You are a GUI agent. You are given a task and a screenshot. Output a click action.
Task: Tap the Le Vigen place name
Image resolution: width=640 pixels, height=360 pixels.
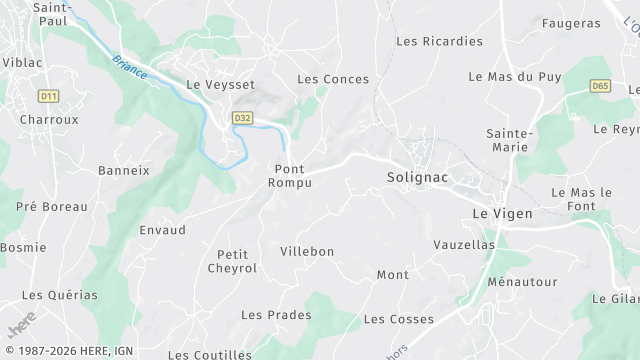point(501,213)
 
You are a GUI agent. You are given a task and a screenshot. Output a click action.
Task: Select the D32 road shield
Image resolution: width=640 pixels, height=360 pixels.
point(241,118)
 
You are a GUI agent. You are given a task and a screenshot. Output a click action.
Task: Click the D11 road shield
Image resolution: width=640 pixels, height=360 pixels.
point(47,96)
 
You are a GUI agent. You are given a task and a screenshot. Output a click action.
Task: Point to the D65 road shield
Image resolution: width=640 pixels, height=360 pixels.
point(600,86)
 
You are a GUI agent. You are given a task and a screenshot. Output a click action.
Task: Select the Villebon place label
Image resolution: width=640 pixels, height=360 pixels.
point(307,251)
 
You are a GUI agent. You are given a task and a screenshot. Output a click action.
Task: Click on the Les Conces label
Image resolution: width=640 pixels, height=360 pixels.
point(333,79)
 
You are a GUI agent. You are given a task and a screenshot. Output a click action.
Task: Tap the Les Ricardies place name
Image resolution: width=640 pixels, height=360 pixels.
point(439,42)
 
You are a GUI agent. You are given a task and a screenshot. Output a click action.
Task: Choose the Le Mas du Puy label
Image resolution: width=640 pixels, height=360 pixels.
point(515,77)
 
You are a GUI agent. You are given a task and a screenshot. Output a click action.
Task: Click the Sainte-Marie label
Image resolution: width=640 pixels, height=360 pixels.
point(510,140)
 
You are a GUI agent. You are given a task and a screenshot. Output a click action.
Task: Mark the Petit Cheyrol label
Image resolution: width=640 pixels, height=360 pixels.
point(232,261)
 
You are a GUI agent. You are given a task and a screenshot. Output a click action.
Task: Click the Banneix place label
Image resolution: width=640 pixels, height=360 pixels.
point(123,170)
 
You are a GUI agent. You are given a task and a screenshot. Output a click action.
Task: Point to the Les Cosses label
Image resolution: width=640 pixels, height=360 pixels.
point(398,319)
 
